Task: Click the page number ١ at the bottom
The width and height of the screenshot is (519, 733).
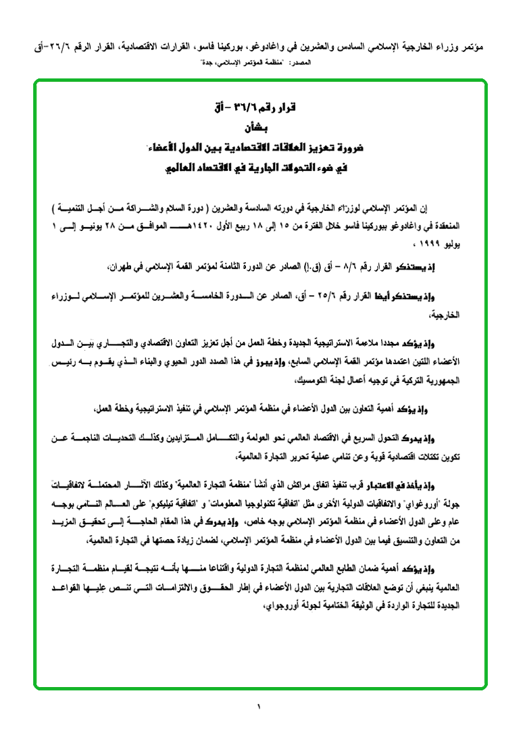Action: point(258,707)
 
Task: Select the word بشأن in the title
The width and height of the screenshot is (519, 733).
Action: point(259,127)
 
